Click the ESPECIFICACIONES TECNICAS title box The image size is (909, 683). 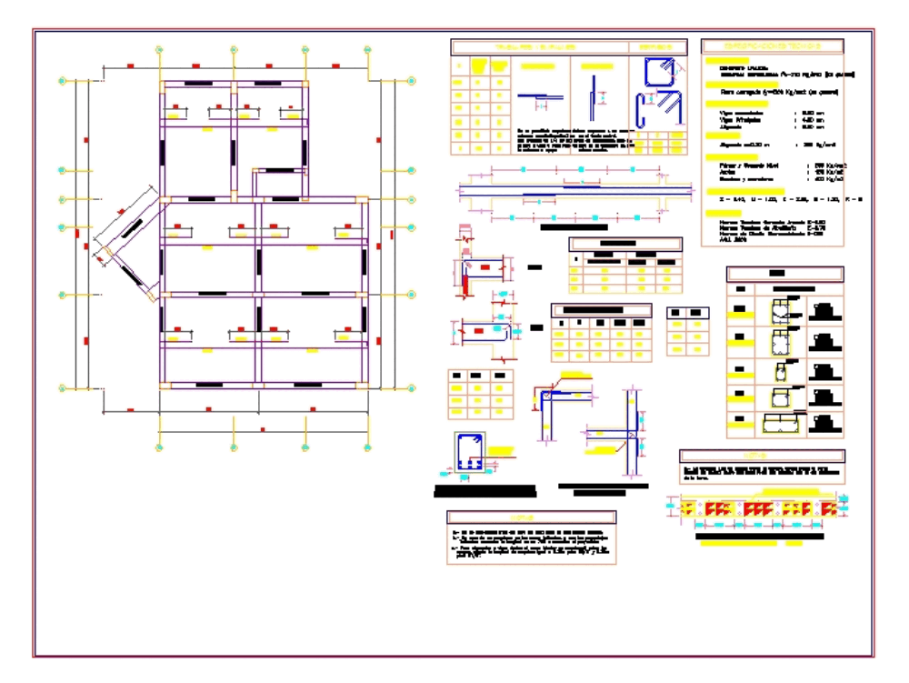pyautogui.click(x=773, y=46)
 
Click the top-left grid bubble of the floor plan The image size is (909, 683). pyautogui.click(x=62, y=81)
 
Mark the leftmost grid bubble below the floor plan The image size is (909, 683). pyautogui.click(x=159, y=447)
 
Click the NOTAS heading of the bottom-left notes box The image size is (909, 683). pyautogui.click(x=532, y=517)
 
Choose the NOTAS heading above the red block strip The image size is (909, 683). pyautogui.click(x=762, y=456)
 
